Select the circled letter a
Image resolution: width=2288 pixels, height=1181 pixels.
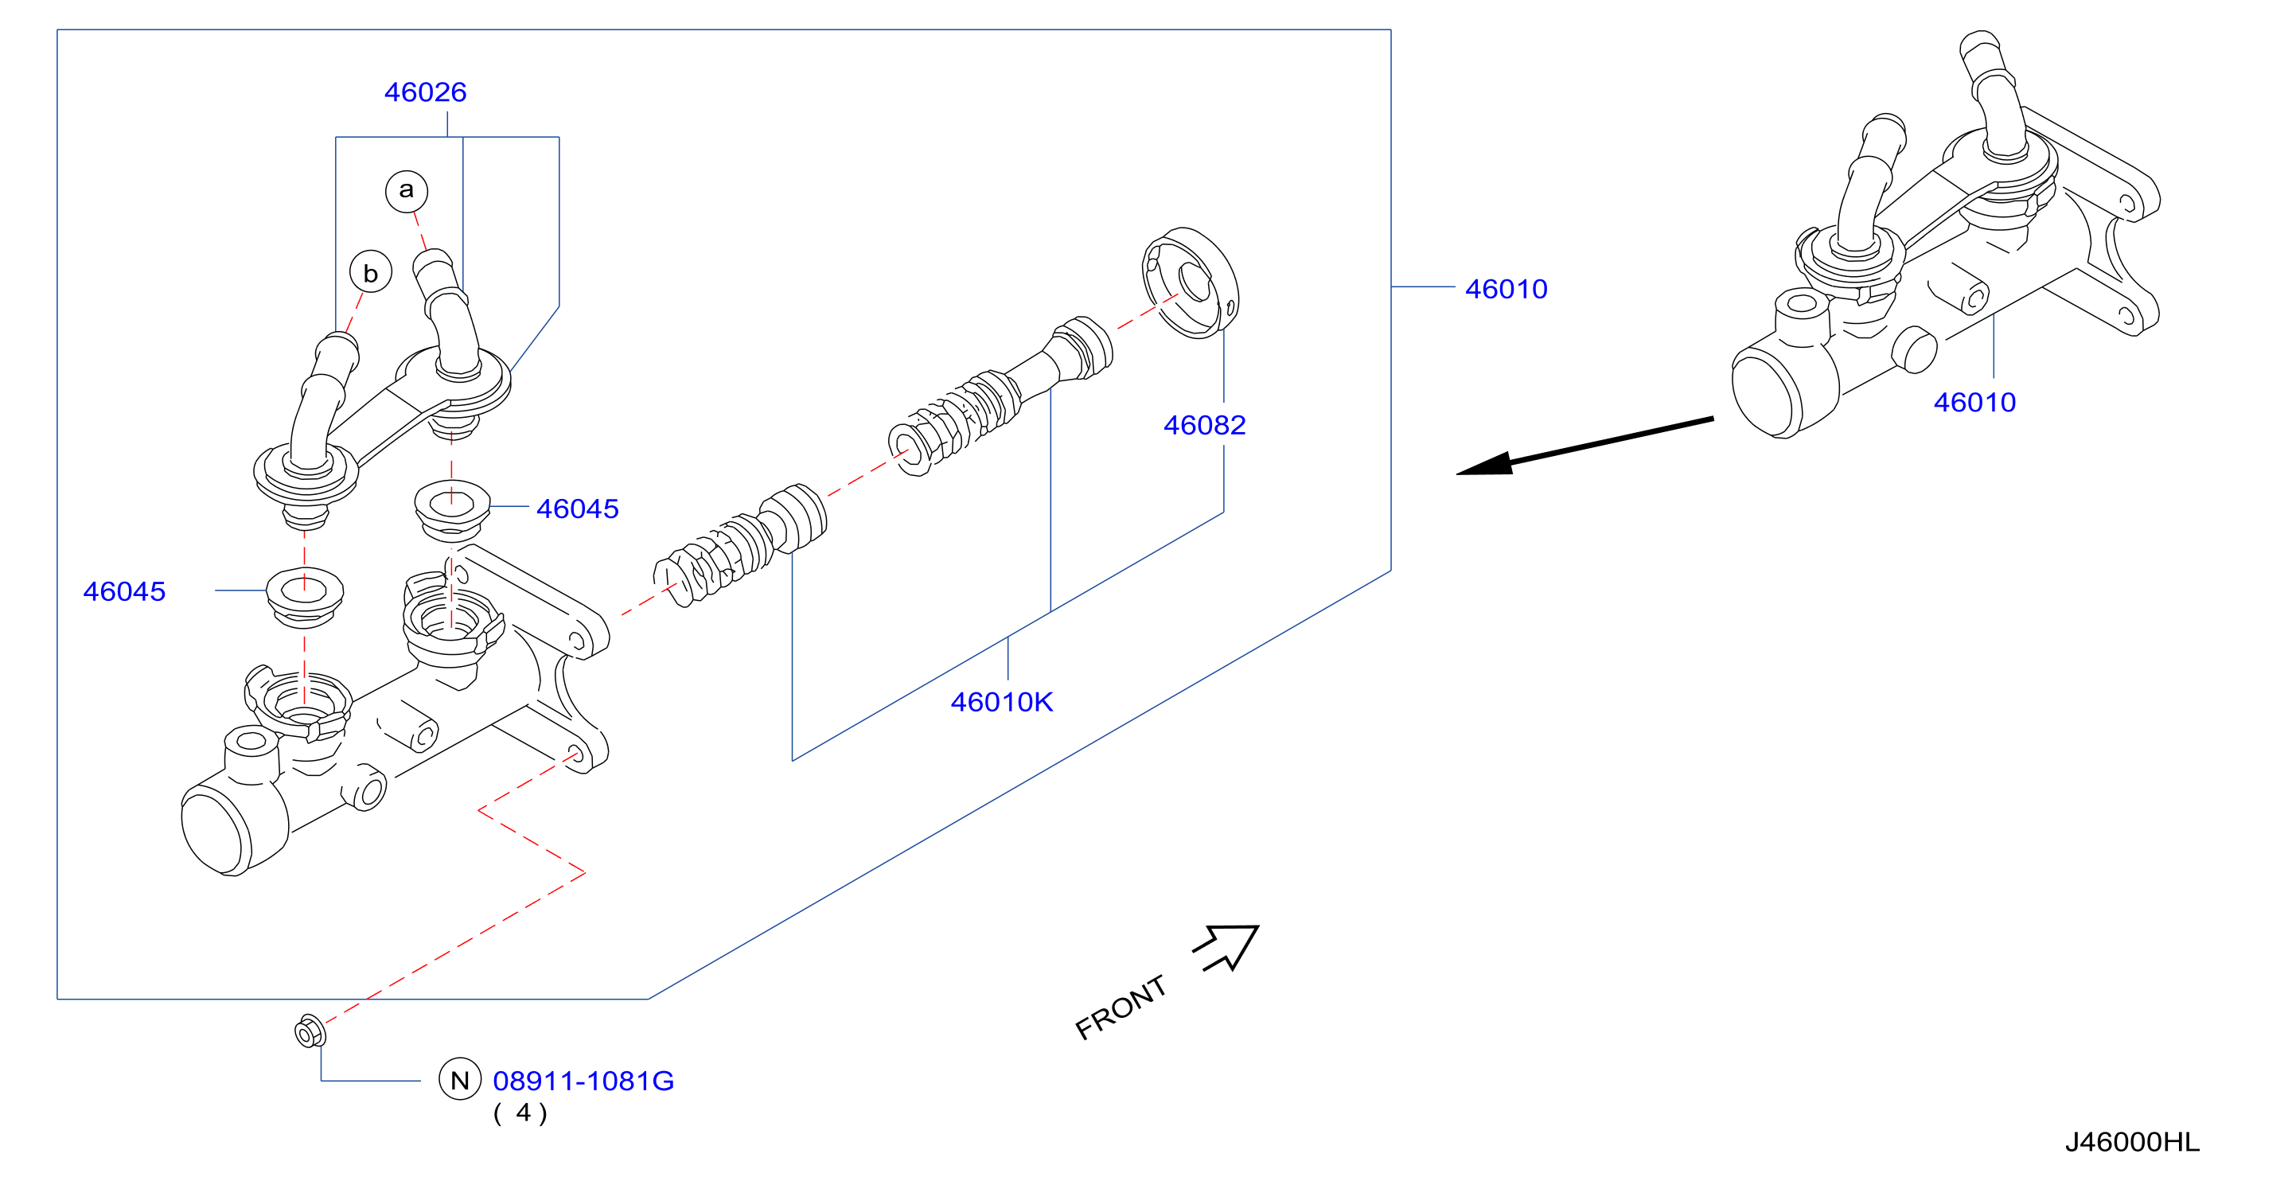(406, 190)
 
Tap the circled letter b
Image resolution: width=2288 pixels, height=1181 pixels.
(370, 273)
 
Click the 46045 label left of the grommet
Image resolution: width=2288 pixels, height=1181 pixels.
(124, 591)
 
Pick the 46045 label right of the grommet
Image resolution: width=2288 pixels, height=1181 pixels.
(577, 509)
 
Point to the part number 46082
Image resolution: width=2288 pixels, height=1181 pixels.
(1204, 425)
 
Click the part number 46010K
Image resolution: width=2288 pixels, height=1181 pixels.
(1002, 703)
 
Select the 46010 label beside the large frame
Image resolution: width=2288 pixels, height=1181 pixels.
(1506, 290)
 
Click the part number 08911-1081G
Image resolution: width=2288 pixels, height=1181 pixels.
(583, 1082)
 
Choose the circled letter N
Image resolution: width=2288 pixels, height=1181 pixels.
(460, 1080)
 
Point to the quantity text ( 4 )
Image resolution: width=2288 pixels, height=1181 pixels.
(520, 1113)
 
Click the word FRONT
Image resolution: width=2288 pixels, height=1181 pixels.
(1121, 1007)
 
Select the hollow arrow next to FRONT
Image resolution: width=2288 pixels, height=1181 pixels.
(1229, 946)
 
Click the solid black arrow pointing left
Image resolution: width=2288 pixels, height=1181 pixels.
(1584, 446)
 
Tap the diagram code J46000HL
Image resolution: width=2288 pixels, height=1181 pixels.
(2133, 1142)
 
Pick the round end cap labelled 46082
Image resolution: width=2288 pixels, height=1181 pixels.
(1191, 283)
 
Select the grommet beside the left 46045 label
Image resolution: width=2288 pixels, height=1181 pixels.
(305, 596)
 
